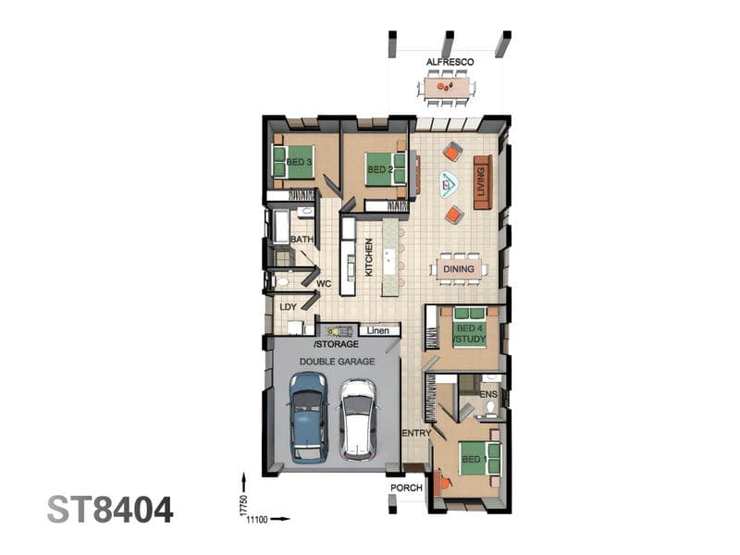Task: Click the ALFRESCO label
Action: click(x=450, y=62)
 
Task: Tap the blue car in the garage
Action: click(x=309, y=417)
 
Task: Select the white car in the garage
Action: click(x=359, y=420)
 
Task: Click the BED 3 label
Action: click(x=299, y=162)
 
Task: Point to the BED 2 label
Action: click(x=380, y=169)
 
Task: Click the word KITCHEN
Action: click(x=368, y=257)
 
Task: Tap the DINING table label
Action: click(x=458, y=269)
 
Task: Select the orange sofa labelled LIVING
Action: click(x=483, y=181)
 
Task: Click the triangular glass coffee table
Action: click(x=448, y=183)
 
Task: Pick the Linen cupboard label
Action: click(x=377, y=330)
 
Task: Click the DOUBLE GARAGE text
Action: click(x=338, y=362)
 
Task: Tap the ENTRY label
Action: click(x=415, y=433)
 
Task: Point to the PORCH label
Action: click(x=406, y=487)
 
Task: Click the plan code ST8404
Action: click(x=110, y=511)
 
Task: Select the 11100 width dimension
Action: click(x=258, y=520)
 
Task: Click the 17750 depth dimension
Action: click(x=243, y=505)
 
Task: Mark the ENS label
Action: click(x=488, y=394)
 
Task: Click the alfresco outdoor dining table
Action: click(x=447, y=88)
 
